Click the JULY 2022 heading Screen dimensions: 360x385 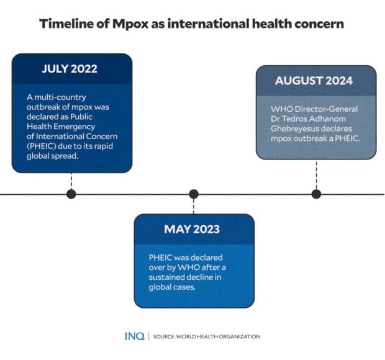70,69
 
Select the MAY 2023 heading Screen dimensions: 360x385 192,229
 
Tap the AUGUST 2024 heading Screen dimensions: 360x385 314,81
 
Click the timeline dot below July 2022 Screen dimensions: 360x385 71,194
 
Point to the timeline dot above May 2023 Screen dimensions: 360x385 194,194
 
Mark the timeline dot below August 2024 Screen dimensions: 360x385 316,194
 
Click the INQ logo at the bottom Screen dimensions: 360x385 134,336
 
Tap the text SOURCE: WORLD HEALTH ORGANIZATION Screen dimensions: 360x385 207,337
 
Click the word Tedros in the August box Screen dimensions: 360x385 301,119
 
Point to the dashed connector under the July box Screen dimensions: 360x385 71,181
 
